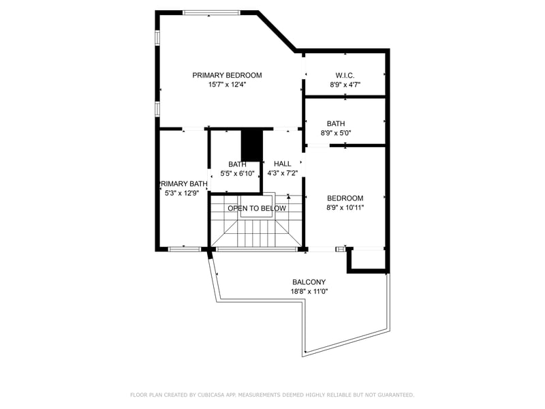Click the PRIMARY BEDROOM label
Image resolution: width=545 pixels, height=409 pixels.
pos(227,76)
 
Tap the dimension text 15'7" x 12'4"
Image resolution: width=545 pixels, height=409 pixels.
pos(227,85)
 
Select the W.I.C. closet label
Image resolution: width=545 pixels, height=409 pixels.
pos(345,76)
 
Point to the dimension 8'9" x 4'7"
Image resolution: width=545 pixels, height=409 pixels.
pos(345,85)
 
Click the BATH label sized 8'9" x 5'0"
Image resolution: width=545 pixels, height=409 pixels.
pos(336,124)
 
